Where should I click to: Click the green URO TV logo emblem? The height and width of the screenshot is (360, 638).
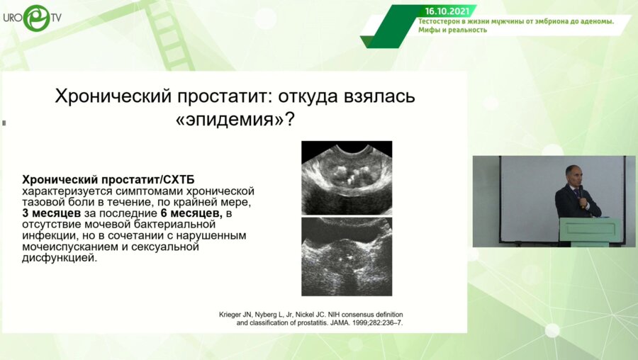[36, 18]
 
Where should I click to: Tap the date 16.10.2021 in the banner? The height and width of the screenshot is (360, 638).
[447, 11]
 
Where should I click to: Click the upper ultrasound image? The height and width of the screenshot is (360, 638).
[347, 178]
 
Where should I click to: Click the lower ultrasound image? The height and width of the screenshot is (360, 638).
[347, 257]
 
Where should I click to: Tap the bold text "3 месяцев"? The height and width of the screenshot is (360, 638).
[51, 213]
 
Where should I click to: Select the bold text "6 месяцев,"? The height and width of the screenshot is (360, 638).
[191, 213]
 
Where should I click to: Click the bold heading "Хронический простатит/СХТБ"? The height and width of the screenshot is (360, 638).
[108, 180]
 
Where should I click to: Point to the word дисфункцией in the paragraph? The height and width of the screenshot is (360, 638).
[60, 258]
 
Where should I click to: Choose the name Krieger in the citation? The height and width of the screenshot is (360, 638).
[230, 315]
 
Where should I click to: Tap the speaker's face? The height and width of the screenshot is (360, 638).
[574, 175]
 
